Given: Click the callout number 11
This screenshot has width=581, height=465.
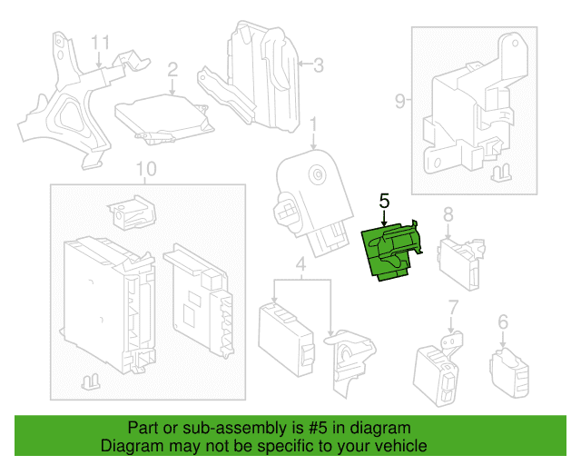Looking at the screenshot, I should [100, 43].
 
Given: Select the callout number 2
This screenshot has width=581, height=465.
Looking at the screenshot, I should [172, 69].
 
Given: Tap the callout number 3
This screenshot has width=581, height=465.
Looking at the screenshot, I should [318, 64].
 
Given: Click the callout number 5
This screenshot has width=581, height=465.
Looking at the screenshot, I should [384, 199].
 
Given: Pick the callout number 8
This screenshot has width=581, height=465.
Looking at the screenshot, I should [448, 214].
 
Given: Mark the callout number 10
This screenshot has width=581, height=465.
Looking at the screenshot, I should [145, 169].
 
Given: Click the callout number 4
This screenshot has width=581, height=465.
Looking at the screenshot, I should [300, 264].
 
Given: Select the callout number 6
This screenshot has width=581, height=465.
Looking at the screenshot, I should [503, 321].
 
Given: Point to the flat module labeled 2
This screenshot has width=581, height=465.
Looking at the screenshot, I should [162, 115].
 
